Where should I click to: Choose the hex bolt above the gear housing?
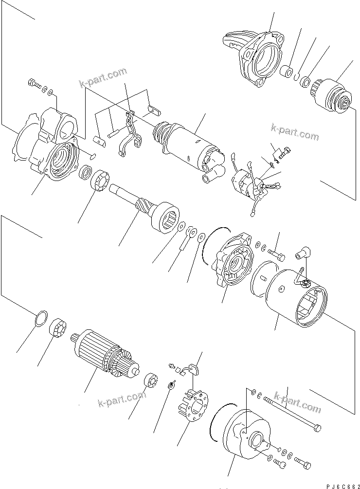pos(35,84)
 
